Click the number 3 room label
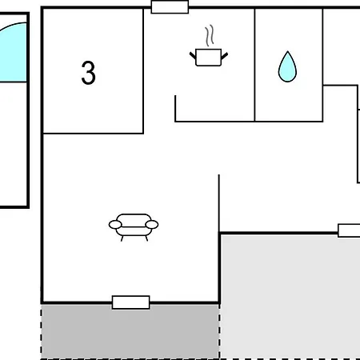pos(88,73)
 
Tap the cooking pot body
pos(208,58)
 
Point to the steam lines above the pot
pos(210,35)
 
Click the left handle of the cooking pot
pos(193,56)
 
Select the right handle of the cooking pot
pos(225,56)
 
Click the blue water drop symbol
pos(287,66)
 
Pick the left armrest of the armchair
pos(115,225)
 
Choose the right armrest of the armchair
pos(152,225)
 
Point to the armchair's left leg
pos(122,238)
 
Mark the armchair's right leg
pos(146,238)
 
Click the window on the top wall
pos(170,7)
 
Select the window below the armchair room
pos(130,302)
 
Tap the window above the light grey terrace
pos(349,230)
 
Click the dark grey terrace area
pos(130,332)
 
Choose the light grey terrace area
pos(290,297)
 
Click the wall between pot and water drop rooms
pos(254,65)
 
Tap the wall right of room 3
pos(143,71)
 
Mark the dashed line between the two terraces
pos(219,331)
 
